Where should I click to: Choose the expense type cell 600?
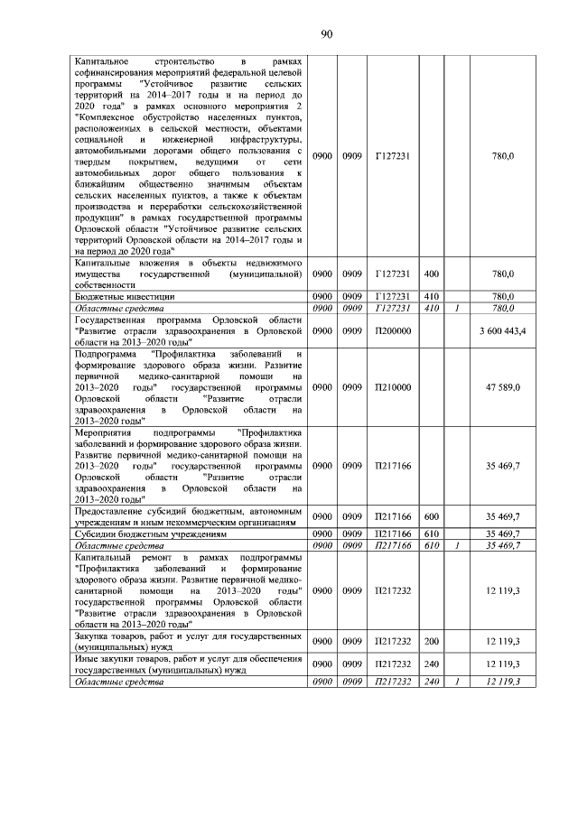coord(431,517)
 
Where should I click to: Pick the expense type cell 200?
coord(431,640)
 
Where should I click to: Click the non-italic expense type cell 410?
coord(431,295)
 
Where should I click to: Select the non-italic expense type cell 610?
coord(431,534)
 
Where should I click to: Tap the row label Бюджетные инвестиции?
coord(125,295)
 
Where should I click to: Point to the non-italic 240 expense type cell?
coord(431,664)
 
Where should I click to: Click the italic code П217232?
coord(393,681)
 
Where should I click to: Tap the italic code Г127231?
coord(393,307)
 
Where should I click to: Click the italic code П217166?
coord(393,545)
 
